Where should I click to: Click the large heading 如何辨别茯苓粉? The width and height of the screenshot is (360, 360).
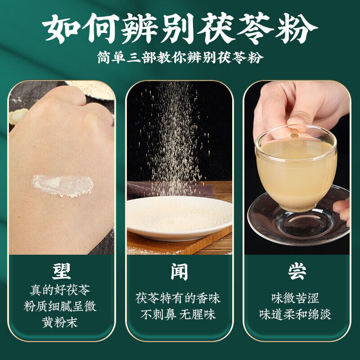180,29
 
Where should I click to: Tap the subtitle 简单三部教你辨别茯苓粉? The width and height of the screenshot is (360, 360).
180,57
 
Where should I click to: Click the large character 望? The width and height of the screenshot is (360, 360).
61,271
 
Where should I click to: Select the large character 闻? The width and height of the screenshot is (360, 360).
179,272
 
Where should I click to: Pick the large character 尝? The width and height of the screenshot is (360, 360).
297,271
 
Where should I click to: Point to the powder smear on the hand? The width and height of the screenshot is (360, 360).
63,186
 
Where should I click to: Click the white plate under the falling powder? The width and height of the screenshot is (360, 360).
179,216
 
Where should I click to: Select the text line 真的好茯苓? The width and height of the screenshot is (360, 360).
60,290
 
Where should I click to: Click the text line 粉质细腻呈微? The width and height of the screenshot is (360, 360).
60,306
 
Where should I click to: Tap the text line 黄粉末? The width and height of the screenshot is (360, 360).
60,322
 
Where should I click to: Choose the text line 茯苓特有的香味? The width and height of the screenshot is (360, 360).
178,298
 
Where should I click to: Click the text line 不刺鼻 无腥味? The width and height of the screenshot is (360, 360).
178,314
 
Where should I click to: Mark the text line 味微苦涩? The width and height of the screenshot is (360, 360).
296,298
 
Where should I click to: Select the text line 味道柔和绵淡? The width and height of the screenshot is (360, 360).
296,314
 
